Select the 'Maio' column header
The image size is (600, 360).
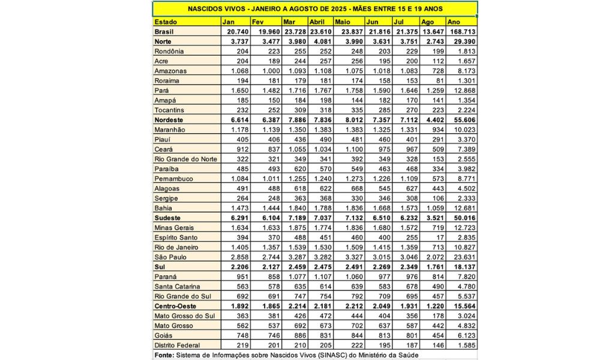[343, 21]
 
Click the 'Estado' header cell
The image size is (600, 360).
[166, 21]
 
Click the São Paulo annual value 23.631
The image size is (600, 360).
[464, 257]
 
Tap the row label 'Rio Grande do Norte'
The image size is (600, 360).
[184, 159]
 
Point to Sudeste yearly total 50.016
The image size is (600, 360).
[464, 217]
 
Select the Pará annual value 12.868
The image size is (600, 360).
[464, 90]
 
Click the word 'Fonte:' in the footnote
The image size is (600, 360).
[164, 355]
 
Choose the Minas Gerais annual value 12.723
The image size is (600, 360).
[464, 227]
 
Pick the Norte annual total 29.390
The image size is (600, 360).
[464, 41]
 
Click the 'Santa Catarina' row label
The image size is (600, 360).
[177, 286]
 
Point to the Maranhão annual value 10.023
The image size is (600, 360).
[464, 130]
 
